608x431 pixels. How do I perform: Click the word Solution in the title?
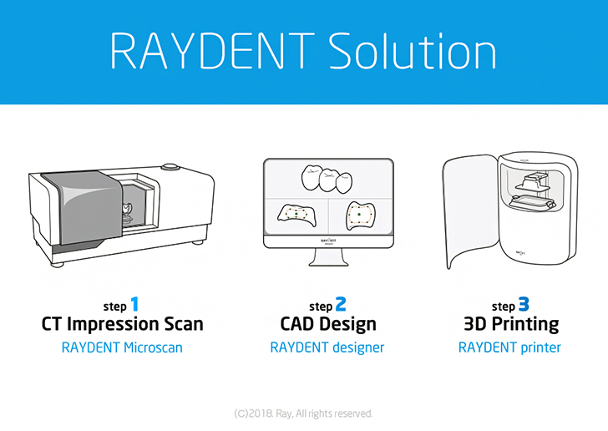(x=413, y=51)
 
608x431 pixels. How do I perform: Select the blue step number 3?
(x=524, y=305)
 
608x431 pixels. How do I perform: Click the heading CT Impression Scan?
(x=122, y=324)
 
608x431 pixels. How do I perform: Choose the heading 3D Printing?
(x=510, y=324)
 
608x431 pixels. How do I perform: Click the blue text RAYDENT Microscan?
(x=122, y=347)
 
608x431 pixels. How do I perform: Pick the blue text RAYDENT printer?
(x=509, y=347)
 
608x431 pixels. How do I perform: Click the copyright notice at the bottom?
(x=304, y=413)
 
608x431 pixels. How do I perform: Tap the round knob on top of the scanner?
(x=171, y=167)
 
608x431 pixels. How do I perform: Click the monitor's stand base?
(x=327, y=265)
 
